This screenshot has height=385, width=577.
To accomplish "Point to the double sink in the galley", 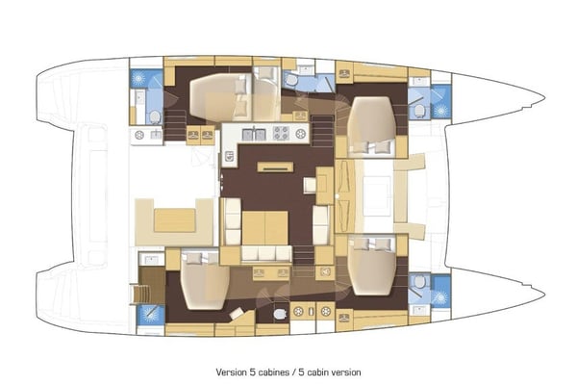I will [253, 133].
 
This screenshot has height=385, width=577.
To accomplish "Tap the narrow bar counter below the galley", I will [273, 167].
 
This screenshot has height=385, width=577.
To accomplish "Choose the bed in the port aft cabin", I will [218, 97].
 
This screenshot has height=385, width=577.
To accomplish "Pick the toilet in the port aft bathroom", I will [155, 116].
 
